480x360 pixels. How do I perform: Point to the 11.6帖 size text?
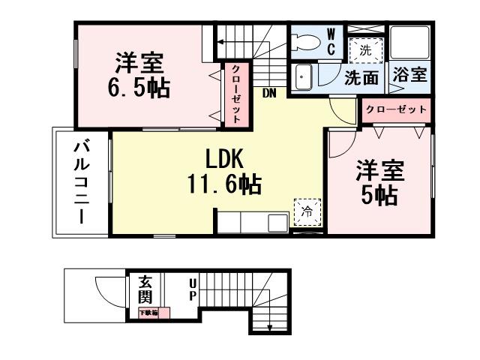(x=224, y=184)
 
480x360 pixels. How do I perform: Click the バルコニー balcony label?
(x=79, y=182)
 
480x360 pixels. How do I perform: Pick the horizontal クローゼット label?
(x=396, y=109)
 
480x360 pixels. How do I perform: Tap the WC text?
(x=331, y=43)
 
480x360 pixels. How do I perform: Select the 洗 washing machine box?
(x=365, y=52)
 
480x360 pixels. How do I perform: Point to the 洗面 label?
(x=362, y=76)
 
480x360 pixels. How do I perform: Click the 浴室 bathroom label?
(x=409, y=76)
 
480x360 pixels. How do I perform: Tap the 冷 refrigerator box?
(x=307, y=212)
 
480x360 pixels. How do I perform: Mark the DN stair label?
(x=268, y=93)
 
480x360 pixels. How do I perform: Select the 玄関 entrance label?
(x=146, y=290)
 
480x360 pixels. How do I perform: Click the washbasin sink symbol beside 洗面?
(x=303, y=76)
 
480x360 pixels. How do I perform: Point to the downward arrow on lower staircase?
(x=269, y=325)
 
